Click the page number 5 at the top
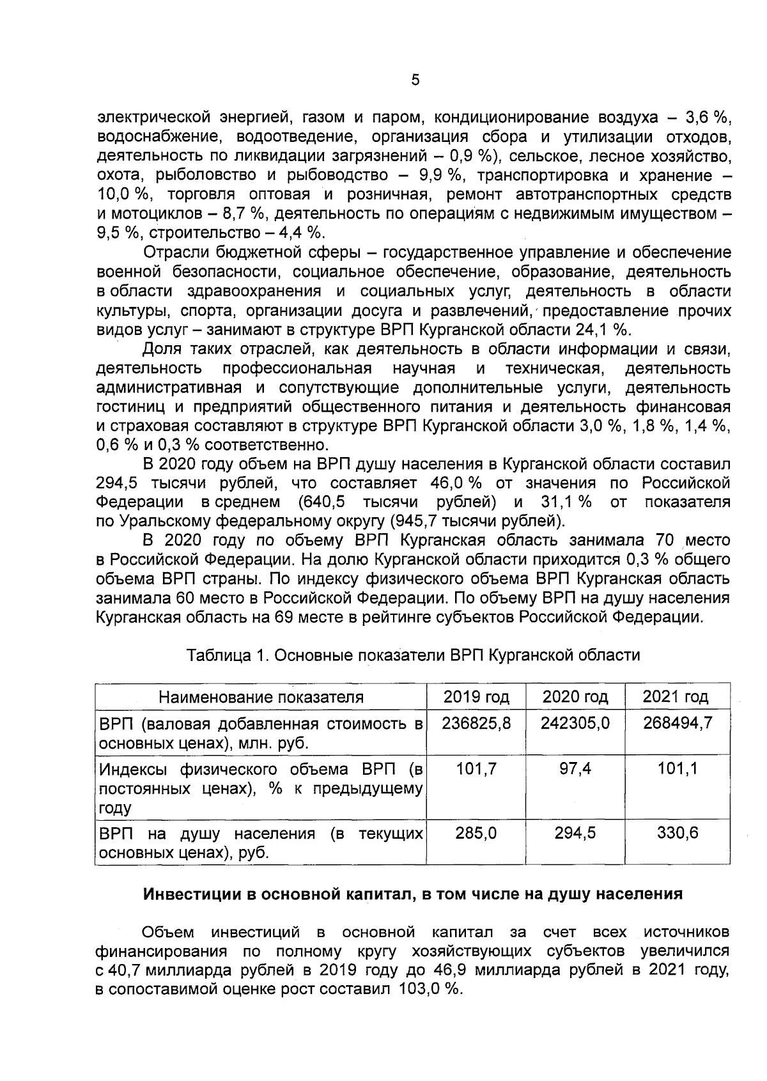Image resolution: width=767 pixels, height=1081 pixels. [x=415, y=81]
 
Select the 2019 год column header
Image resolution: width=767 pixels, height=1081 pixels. [x=476, y=697]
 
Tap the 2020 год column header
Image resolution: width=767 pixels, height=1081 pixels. [x=575, y=697]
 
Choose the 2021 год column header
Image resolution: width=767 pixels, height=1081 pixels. [x=676, y=697]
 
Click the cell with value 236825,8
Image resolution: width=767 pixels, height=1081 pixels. [x=476, y=724]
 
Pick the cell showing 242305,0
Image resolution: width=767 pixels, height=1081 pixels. [x=575, y=724]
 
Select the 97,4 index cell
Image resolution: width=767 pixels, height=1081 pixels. [x=575, y=769]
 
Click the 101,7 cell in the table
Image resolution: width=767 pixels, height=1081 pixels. [x=476, y=769]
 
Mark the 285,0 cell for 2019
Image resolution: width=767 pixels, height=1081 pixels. [x=476, y=833]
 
